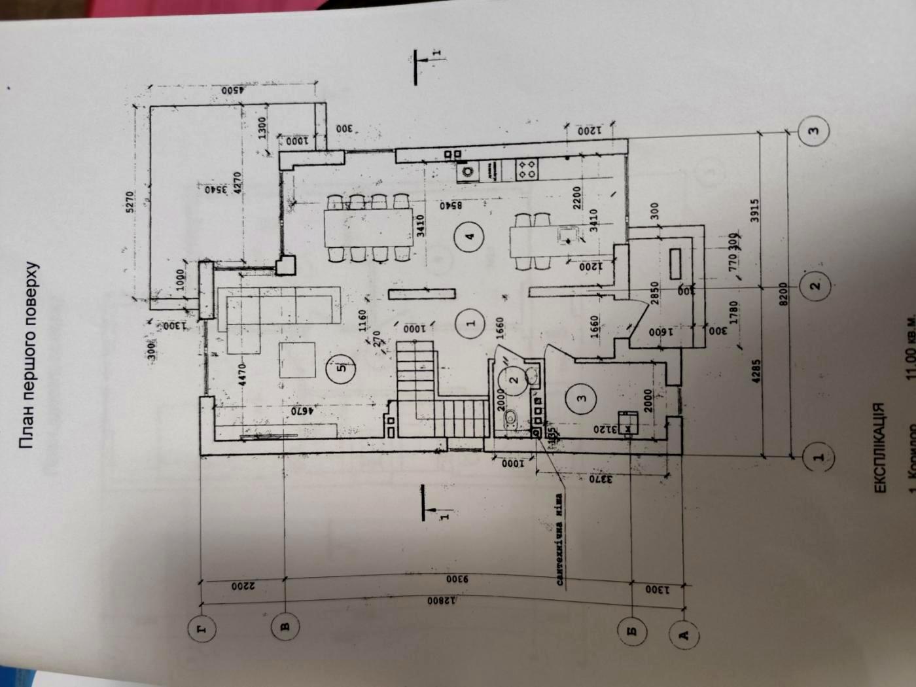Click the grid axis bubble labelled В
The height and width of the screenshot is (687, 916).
point(285,627)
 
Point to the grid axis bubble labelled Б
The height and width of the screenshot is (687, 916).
point(633,632)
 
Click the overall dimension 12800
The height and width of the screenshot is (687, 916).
point(445,601)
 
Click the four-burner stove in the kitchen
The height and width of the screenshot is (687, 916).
point(527,169)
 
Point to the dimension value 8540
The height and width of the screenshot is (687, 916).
point(451,205)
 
